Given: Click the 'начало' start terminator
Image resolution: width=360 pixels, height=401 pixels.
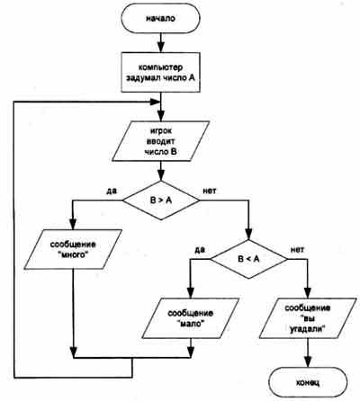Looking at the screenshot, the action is tap(160, 19).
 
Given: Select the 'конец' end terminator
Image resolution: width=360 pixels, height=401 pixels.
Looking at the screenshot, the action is tap(308, 382).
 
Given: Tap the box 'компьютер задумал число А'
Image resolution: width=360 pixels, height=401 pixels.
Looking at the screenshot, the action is tap(160, 73).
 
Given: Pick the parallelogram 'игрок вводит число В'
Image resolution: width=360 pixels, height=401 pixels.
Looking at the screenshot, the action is tap(160, 141).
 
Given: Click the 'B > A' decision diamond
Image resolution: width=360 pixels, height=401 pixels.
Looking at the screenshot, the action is tap(161, 200).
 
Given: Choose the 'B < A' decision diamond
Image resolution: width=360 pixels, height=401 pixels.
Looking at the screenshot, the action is tap(248, 259).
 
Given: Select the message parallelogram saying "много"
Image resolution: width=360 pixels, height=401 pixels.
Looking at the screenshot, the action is tap(73, 249).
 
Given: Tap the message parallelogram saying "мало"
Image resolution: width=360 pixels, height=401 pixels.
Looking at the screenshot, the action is tap(191, 318).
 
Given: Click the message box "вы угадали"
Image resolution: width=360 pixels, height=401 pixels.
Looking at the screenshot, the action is tap(308, 318).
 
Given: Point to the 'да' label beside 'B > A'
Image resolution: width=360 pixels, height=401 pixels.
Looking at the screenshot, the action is tap(112, 191).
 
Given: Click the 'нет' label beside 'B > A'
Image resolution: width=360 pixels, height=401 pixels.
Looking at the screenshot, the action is tap(210, 191).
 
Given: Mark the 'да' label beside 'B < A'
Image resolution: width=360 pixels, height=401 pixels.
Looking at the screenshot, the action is tap(200, 249).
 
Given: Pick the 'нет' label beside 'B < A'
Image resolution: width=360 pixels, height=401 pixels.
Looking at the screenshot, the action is tap(297, 249).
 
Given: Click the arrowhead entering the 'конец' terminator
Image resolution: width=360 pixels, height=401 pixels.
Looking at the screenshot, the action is tap(308, 361).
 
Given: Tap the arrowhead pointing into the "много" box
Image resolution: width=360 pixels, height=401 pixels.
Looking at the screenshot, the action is tap(73, 223).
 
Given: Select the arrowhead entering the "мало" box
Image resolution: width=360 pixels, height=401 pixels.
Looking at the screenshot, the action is tap(191, 292).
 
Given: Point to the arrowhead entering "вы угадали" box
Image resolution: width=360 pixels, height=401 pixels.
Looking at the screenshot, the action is tap(308, 292).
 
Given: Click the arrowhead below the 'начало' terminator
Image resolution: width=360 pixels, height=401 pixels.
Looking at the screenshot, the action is tap(161, 47).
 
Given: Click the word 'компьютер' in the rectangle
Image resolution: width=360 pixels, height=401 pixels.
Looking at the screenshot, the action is tap(160, 67).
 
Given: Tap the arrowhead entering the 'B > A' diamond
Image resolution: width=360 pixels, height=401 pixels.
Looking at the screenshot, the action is tap(161, 175).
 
